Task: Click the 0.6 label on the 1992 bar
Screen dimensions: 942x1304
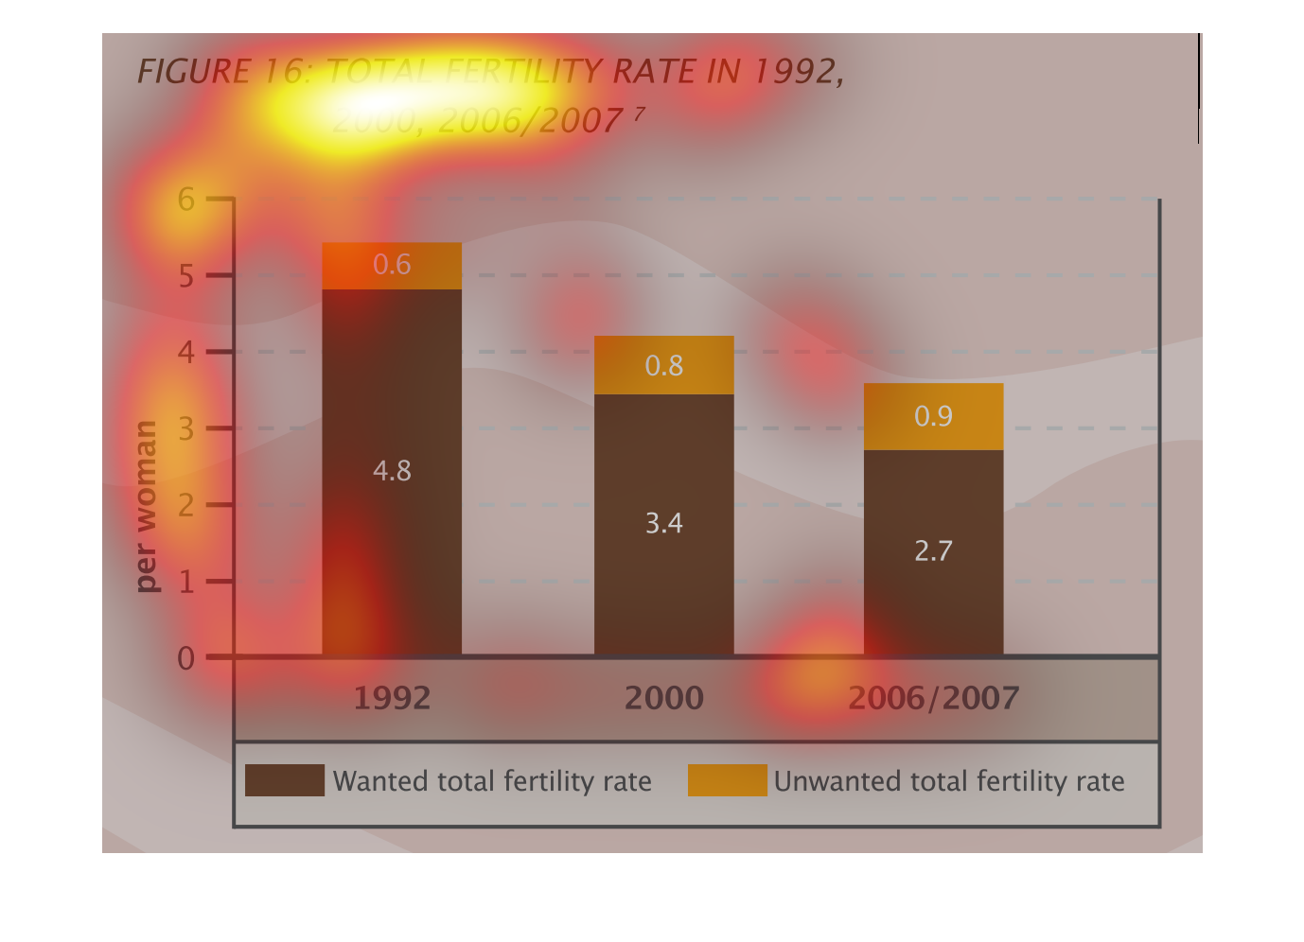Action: coord(392,265)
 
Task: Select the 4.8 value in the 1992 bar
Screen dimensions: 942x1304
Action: coord(392,471)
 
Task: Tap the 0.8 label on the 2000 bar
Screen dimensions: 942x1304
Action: coord(663,366)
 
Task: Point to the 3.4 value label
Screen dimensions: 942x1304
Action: coord(663,523)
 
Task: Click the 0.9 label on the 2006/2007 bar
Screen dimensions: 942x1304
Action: coord(933,416)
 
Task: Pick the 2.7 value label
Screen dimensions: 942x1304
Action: coord(933,551)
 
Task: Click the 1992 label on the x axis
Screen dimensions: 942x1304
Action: coord(392,699)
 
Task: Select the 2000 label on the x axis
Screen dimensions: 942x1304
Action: coord(663,699)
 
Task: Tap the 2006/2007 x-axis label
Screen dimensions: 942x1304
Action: coord(933,699)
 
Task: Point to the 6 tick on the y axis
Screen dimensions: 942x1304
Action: coord(185,200)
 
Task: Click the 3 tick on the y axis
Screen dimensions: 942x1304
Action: coord(185,428)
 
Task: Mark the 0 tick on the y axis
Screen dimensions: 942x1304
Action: coord(185,658)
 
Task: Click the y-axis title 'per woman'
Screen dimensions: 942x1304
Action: coord(146,507)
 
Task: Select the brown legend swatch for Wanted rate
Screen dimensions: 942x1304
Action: coord(284,780)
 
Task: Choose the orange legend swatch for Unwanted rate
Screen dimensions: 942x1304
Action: coord(727,780)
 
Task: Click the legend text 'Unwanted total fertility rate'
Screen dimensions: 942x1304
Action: coord(949,781)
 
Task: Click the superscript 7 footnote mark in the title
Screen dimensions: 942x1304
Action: coord(640,113)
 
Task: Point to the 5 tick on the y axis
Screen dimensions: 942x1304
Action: coord(185,276)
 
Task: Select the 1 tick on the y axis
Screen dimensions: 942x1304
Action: coord(185,582)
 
